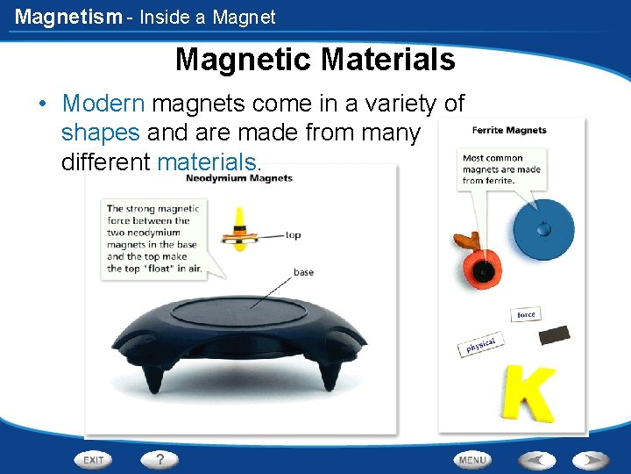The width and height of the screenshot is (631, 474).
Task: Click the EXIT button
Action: click(94, 459)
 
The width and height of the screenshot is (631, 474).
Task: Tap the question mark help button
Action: click(160, 459)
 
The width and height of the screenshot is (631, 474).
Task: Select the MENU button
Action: click(472, 459)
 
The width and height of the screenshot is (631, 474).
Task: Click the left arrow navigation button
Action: click(536, 459)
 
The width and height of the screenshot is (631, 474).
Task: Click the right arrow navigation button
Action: click(590, 459)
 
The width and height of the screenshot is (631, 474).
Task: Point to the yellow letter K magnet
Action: click(528, 392)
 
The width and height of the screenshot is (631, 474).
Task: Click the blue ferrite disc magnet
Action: click(543, 231)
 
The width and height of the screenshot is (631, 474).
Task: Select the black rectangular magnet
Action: click(554, 335)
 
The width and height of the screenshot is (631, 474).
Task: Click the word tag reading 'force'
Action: click(526, 314)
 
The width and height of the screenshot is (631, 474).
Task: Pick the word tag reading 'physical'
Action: click(480, 345)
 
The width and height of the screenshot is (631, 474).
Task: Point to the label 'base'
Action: click(303, 272)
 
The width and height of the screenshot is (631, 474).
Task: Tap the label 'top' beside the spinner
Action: click(293, 235)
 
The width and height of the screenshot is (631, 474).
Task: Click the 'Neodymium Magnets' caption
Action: click(239, 178)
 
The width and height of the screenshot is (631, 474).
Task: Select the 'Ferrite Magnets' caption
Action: click(509, 130)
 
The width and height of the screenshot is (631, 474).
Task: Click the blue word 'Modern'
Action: click(103, 104)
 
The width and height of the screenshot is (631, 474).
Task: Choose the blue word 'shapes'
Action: click(100, 133)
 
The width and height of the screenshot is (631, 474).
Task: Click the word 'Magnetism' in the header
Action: click(67, 17)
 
